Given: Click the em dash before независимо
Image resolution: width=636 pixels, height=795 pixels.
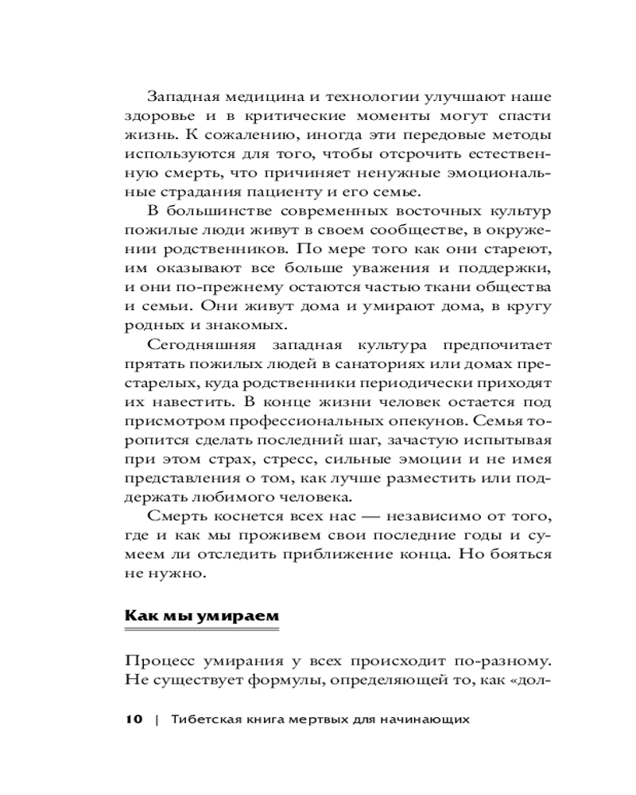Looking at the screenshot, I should pos(349,517).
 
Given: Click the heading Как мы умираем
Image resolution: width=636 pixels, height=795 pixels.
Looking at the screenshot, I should pos(202,616).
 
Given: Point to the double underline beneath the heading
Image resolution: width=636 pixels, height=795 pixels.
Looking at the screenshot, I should pos(202,630).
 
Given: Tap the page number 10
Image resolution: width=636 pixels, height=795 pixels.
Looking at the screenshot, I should pos(133,719).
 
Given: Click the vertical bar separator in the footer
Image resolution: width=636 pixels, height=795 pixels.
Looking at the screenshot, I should pos(157,719).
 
